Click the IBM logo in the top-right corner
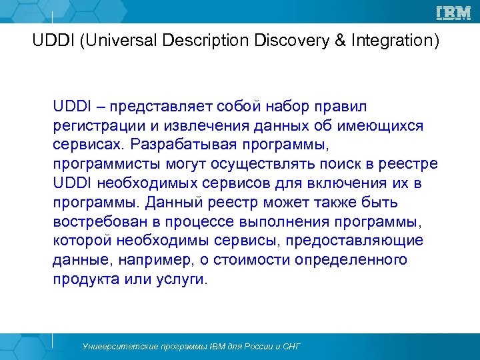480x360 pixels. (x=453, y=13)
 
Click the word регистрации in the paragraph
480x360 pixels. (x=89, y=126)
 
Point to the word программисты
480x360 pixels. (x=99, y=164)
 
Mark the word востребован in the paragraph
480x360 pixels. (x=95, y=221)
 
